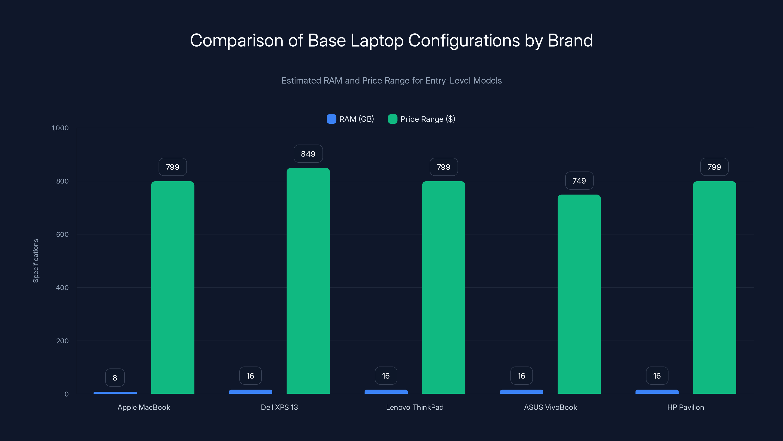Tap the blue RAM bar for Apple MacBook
click(115, 392)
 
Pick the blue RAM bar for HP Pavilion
click(657, 392)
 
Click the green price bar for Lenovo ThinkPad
click(443, 287)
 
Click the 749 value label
click(579, 181)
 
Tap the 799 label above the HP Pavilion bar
click(714, 167)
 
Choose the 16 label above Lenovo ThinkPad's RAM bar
click(386, 376)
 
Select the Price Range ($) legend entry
click(422, 119)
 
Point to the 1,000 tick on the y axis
click(60, 128)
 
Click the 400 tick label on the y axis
click(62, 288)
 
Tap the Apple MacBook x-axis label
click(144, 407)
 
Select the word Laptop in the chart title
click(377, 40)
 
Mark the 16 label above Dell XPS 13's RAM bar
click(250, 376)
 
